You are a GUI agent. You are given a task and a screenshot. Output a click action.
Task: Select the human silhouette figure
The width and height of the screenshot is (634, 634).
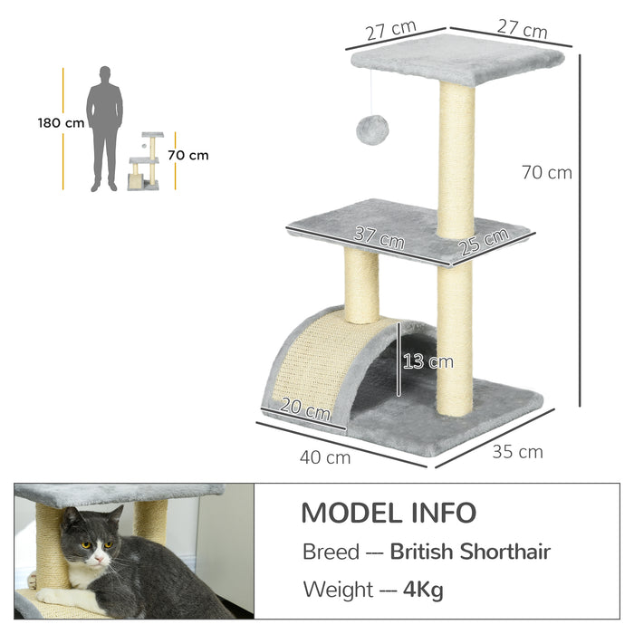coord(104,128)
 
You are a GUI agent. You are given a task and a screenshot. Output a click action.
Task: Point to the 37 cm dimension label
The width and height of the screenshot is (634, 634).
coord(379,239)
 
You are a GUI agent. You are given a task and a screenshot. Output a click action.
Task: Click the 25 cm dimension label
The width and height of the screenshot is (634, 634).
coord(483,243)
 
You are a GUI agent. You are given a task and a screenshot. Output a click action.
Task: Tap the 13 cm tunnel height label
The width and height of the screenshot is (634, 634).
coord(427,362)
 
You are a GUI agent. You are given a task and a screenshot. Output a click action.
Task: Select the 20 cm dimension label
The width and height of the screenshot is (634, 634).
coord(305,410)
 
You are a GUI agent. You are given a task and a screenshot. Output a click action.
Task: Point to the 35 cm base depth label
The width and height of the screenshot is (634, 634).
coord(517,451)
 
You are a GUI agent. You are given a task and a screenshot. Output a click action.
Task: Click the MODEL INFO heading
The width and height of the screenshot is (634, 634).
coord(388,513)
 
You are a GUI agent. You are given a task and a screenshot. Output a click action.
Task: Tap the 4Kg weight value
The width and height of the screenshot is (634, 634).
coord(423,591)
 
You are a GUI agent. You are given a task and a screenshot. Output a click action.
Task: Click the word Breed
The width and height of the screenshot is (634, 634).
coord(331,552)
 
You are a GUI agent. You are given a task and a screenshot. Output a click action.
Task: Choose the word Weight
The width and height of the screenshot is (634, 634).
coord(338,591)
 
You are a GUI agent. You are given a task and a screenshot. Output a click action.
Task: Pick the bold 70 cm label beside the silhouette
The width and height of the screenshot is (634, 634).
coord(187,155)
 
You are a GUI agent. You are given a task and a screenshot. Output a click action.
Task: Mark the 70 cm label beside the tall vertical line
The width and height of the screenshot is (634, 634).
coord(547,172)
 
